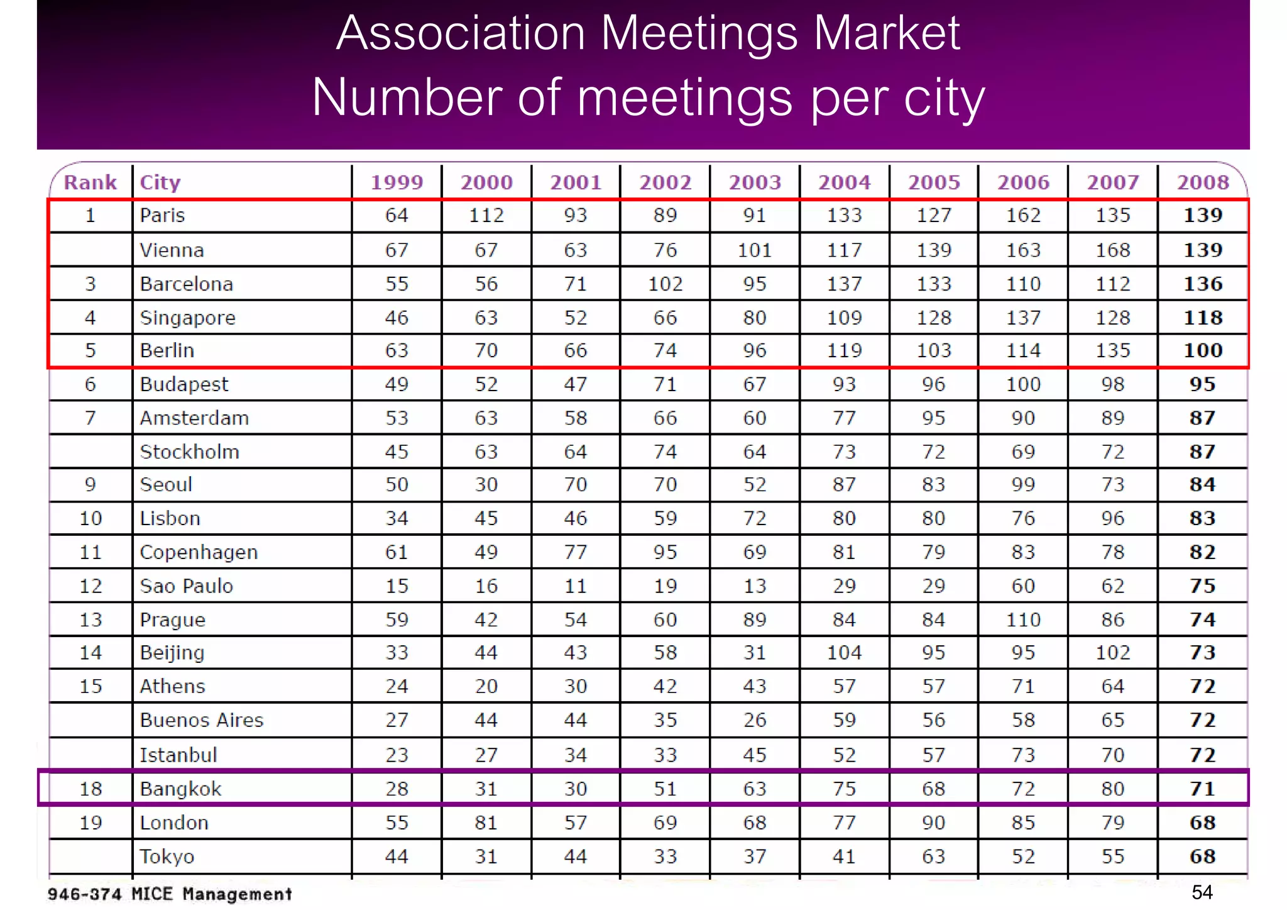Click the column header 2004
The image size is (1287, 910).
pyautogui.click(x=844, y=182)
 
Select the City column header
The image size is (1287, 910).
pyautogui.click(x=160, y=182)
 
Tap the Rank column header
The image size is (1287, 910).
pyautogui.click(x=90, y=182)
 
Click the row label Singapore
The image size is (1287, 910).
pyautogui.click(x=187, y=318)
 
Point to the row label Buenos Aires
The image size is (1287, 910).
pyautogui.click(x=201, y=720)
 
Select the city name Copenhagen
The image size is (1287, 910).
pyautogui.click(x=199, y=552)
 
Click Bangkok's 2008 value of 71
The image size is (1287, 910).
pyautogui.click(x=1202, y=789)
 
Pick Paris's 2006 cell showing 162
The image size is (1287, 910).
pyautogui.click(x=1023, y=216)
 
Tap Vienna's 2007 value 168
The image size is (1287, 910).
pyautogui.click(x=1112, y=250)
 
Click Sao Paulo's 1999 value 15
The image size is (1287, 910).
pyautogui.click(x=397, y=586)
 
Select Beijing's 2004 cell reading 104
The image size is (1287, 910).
pyautogui.click(x=844, y=653)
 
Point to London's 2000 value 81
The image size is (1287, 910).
pyautogui.click(x=486, y=823)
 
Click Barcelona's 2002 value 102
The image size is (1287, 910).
pyautogui.click(x=665, y=284)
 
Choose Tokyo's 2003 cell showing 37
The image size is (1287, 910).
pyautogui.click(x=754, y=857)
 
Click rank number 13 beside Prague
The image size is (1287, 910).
pyautogui.click(x=90, y=620)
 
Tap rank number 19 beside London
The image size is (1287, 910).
pyautogui.click(x=90, y=823)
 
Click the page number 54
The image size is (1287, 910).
pyautogui.click(x=1202, y=892)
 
